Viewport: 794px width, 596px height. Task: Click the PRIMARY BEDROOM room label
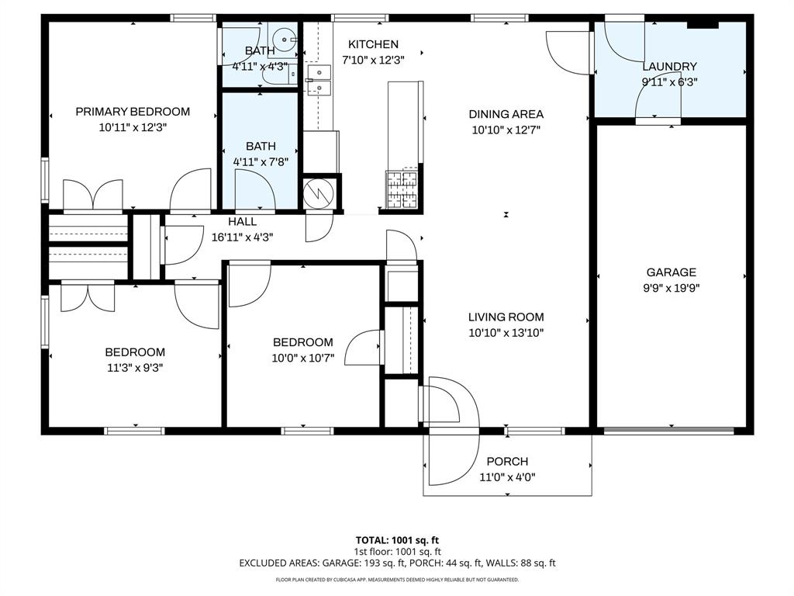click(133, 112)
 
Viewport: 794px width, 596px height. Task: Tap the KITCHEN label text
click(373, 44)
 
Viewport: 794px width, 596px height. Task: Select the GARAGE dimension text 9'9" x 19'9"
click(671, 288)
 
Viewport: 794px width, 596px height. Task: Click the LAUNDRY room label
click(669, 67)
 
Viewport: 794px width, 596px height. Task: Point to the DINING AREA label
click(506, 114)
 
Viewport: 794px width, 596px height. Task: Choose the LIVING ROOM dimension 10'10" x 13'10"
click(506, 332)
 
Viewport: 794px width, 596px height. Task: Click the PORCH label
click(507, 461)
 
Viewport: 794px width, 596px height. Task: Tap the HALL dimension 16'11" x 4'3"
click(242, 237)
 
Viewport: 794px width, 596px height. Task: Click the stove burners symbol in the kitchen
click(402, 189)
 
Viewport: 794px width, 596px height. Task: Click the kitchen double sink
click(319, 81)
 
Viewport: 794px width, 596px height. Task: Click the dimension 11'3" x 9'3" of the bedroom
click(135, 367)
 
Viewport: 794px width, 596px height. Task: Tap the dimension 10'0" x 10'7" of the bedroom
click(303, 358)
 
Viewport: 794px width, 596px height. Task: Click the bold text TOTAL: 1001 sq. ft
click(397, 540)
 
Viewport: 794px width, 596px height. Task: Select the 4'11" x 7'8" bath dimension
click(261, 161)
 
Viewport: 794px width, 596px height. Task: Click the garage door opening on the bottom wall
click(669, 431)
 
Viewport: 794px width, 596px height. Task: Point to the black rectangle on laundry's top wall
click(703, 24)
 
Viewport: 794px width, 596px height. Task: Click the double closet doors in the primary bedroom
click(93, 195)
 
